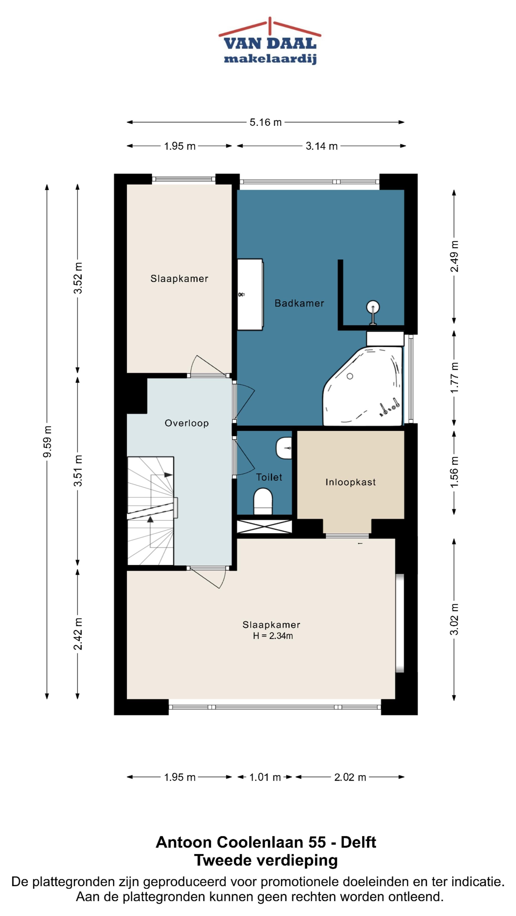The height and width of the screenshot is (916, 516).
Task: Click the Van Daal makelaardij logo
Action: pyautogui.click(x=269, y=41)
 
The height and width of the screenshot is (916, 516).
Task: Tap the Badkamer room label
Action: pyautogui.click(x=299, y=303)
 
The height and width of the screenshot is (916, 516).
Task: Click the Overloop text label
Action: pyautogui.click(x=187, y=423)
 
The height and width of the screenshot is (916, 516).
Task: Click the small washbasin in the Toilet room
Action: pyautogui.click(x=284, y=448)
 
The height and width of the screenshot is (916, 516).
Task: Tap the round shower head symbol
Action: pyautogui.click(x=372, y=307)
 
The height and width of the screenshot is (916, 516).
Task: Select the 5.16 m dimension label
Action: pyautogui.click(x=265, y=122)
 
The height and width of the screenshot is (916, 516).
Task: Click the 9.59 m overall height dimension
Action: pyautogui.click(x=47, y=441)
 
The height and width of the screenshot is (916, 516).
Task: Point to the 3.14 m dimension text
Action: pyautogui.click(x=322, y=146)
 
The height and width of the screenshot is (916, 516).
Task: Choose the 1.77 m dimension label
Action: pyautogui.click(x=454, y=378)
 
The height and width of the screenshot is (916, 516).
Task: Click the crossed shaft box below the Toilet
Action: pyautogui.click(x=264, y=526)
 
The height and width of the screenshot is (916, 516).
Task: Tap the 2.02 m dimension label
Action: pyautogui.click(x=350, y=777)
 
